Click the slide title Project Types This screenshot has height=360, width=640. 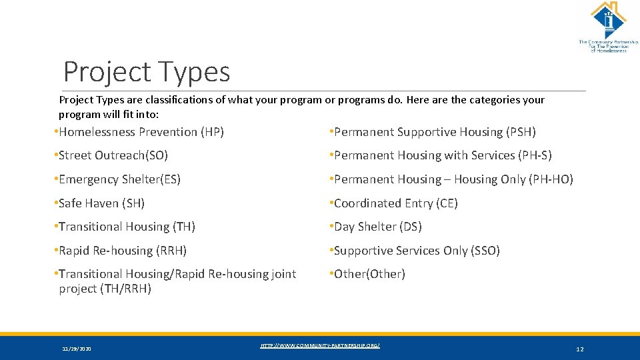pyautogui.click(x=146, y=72)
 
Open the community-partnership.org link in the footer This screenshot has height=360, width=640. pyautogui.click(x=320, y=345)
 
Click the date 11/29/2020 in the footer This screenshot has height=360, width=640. pyautogui.click(x=77, y=349)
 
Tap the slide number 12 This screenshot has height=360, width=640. pyautogui.click(x=579, y=349)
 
